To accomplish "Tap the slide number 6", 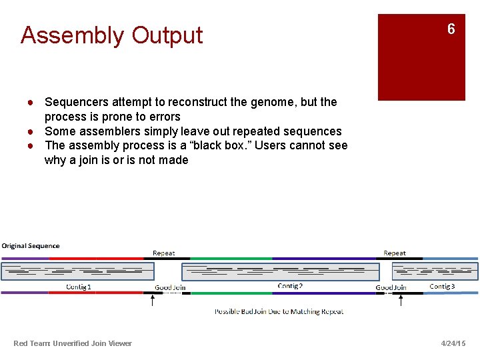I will (x=451, y=29).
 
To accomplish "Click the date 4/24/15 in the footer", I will (x=453, y=343).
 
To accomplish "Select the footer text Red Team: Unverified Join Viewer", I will (x=73, y=343).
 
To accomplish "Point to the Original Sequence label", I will (x=31, y=246).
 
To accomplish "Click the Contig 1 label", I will (x=79, y=287).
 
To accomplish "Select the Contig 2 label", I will (x=290, y=286).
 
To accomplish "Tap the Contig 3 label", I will (x=442, y=286).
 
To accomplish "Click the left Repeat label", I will (x=164, y=253).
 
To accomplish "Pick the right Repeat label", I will (x=395, y=253).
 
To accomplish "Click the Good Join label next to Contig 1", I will (x=170, y=287).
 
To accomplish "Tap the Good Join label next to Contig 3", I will (x=391, y=287).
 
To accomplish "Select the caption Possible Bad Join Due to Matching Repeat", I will (x=279, y=311).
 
